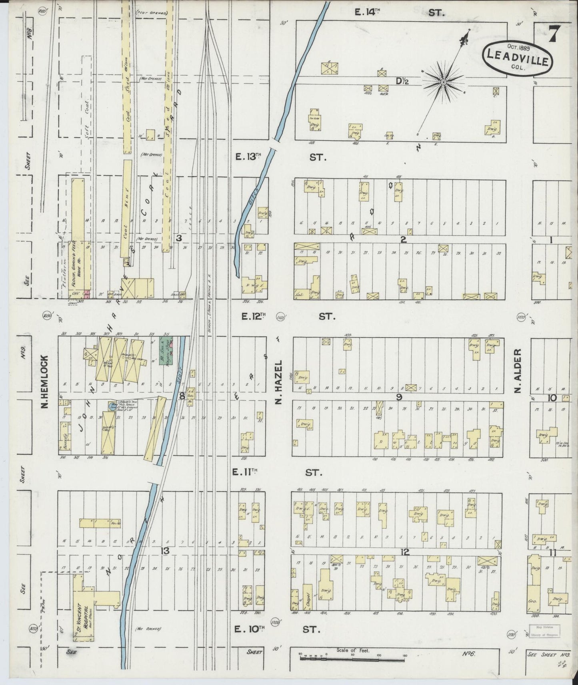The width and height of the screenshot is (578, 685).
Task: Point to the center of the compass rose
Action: [x=443, y=82]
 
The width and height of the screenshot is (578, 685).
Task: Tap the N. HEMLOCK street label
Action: [x=45, y=382]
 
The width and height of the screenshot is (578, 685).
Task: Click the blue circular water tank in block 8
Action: [x=111, y=406]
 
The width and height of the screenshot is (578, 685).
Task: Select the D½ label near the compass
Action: [x=402, y=81]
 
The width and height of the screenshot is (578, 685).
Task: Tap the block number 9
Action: [x=398, y=397]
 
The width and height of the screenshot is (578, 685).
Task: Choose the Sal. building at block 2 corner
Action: [x=300, y=294]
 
